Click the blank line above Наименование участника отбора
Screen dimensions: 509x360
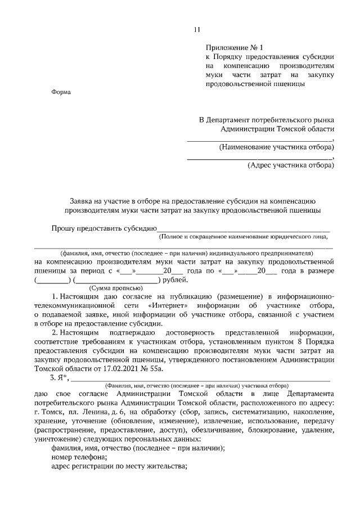260,139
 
